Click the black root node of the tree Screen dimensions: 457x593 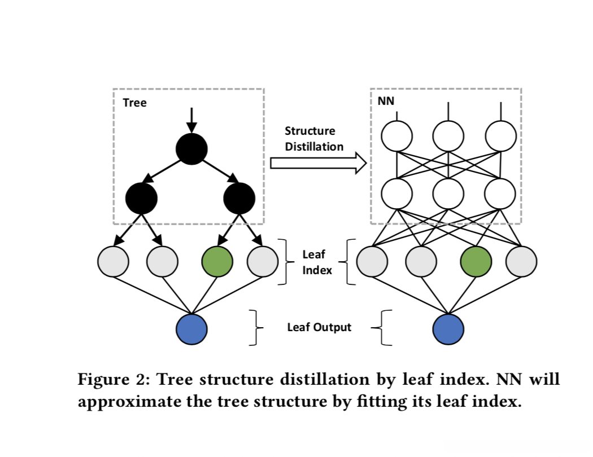tap(191, 149)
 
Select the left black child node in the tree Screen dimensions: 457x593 tap(141, 198)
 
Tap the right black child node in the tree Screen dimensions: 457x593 tap(239, 198)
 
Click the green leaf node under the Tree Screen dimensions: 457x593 tap(217, 261)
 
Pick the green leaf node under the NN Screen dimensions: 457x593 tap(476, 261)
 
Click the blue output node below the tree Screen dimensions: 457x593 tap(191, 328)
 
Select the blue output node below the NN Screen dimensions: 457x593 tap(448, 328)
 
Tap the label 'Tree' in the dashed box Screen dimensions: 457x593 tap(134, 103)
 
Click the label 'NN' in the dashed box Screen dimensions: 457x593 tap(386, 101)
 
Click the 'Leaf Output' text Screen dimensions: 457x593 tap(319, 327)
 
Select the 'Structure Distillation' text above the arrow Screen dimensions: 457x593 tap(313, 139)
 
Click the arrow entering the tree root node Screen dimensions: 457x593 tap(191, 120)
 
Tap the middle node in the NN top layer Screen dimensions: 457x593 tap(448, 135)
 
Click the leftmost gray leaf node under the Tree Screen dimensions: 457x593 tap(113, 261)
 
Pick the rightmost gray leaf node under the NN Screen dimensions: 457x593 tap(521, 261)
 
